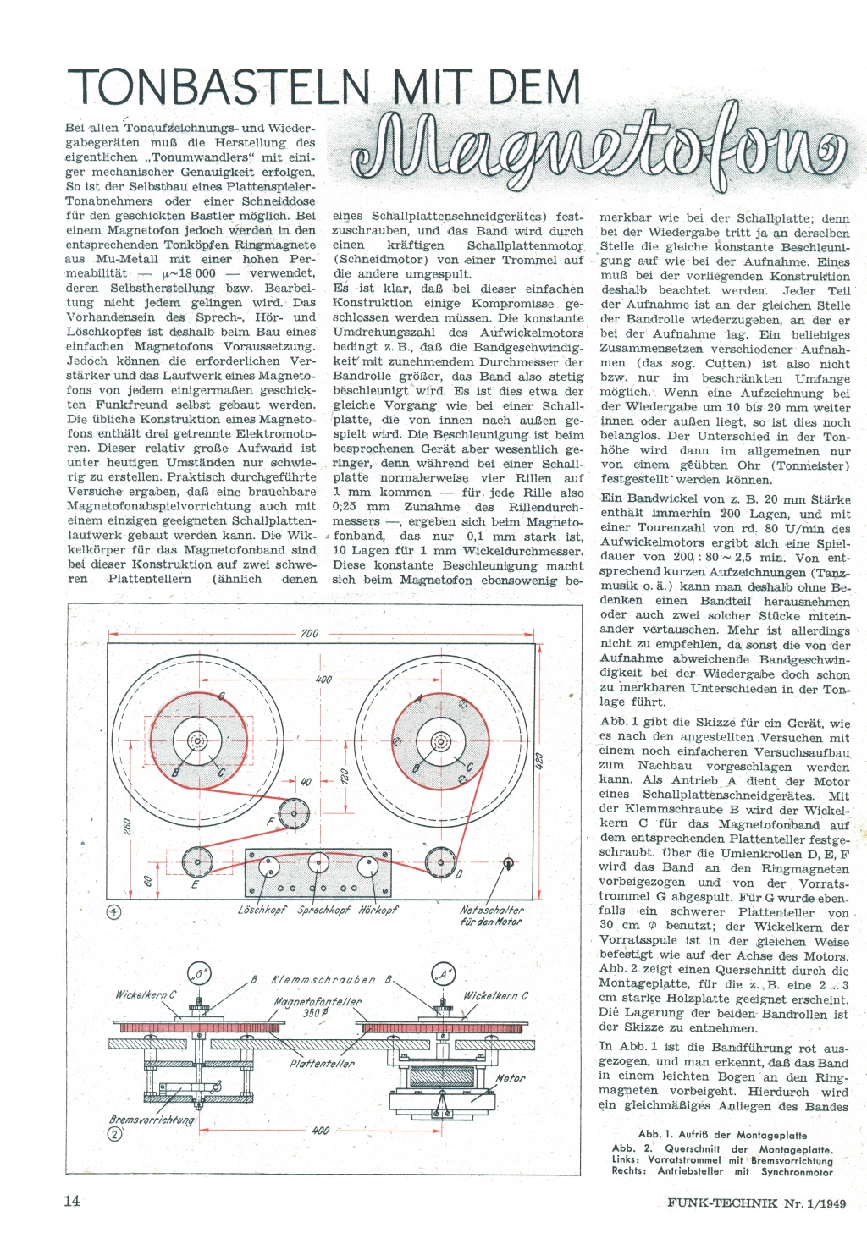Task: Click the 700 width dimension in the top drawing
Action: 309,634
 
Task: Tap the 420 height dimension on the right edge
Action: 539,760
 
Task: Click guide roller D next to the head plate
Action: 440,862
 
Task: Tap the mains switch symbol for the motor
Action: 508,863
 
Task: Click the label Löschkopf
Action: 262,911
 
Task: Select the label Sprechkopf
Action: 324,911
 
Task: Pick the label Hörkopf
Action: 378,911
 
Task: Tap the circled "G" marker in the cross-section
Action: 200,975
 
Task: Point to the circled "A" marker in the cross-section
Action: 444,975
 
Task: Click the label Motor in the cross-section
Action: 510,1078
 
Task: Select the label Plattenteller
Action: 323,1063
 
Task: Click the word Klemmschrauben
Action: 323,980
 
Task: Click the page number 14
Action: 72,1201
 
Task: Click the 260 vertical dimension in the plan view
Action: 129,827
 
